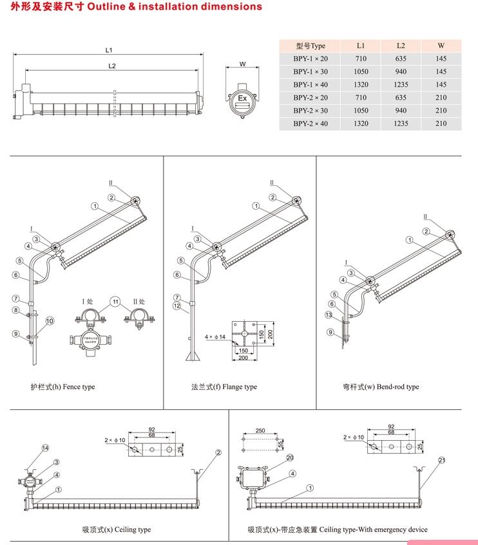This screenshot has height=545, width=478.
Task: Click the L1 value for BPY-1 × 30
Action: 361,71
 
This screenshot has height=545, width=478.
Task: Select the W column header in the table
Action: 441,46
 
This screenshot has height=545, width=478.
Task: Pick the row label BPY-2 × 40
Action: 311,123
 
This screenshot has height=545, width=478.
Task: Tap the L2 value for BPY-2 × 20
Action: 401,97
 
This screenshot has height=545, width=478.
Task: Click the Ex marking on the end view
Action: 243,98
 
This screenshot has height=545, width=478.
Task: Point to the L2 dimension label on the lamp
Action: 111,66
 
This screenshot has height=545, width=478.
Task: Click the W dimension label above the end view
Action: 242,64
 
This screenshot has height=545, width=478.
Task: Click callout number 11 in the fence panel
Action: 115,301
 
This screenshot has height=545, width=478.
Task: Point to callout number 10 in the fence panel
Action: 50,320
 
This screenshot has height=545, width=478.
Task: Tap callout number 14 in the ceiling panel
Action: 45,448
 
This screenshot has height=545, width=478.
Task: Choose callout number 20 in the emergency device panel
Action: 289,457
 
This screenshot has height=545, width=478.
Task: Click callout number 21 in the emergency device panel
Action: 442,460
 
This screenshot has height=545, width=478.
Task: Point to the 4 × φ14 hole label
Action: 215,337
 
